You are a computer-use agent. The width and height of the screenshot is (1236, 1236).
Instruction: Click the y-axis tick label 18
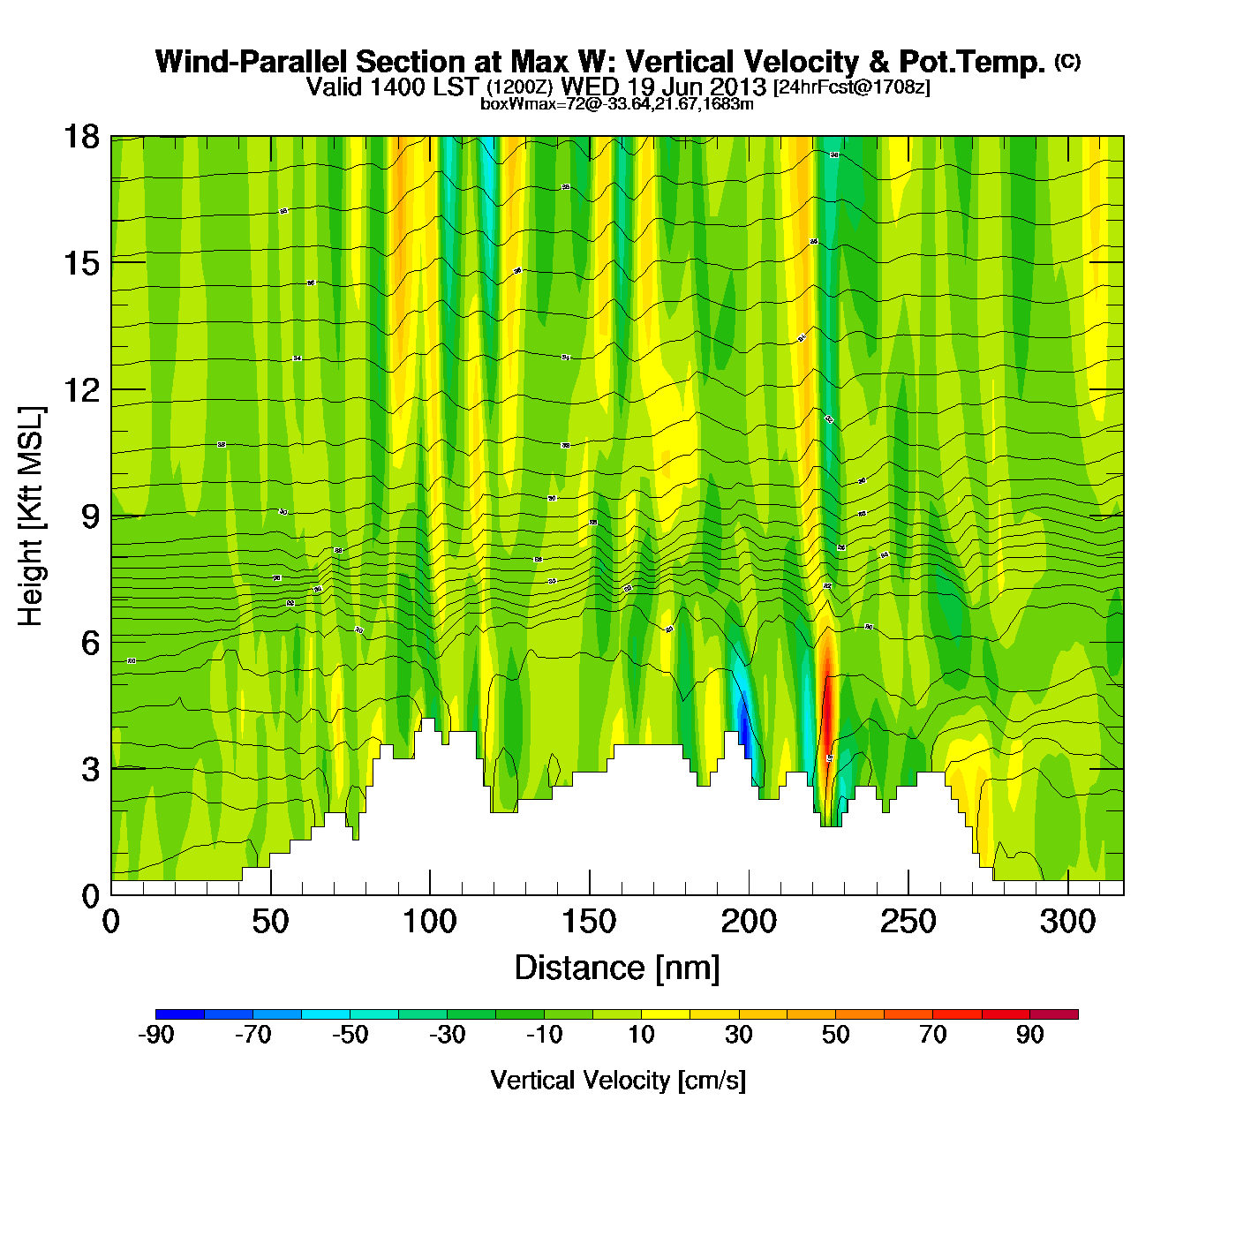click(x=80, y=137)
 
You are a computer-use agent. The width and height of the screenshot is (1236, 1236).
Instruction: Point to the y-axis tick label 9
click(x=90, y=516)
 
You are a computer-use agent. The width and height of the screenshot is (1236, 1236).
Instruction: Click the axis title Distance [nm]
click(x=617, y=968)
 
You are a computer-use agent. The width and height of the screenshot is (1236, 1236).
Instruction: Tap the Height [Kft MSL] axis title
click(x=31, y=516)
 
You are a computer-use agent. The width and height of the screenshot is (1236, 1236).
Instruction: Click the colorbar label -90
click(x=155, y=1035)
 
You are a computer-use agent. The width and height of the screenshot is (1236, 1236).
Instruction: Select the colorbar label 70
click(x=933, y=1035)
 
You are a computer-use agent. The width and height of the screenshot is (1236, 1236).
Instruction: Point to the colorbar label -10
click(x=544, y=1035)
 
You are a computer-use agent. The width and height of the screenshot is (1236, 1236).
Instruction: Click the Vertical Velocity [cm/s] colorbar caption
click(x=618, y=1080)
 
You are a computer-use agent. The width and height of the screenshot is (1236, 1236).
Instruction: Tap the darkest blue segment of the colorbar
click(x=180, y=1014)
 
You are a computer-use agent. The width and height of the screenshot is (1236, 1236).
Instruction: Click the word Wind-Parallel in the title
click(x=252, y=62)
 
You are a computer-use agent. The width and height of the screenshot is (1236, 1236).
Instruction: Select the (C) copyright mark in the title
click(x=1067, y=61)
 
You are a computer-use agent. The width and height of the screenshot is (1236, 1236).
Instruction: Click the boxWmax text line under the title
click(x=616, y=104)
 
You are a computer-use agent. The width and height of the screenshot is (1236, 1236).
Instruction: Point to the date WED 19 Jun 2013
click(x=664, y=87)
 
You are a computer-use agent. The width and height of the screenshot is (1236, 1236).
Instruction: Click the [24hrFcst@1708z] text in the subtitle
click(x=851, y=87)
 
